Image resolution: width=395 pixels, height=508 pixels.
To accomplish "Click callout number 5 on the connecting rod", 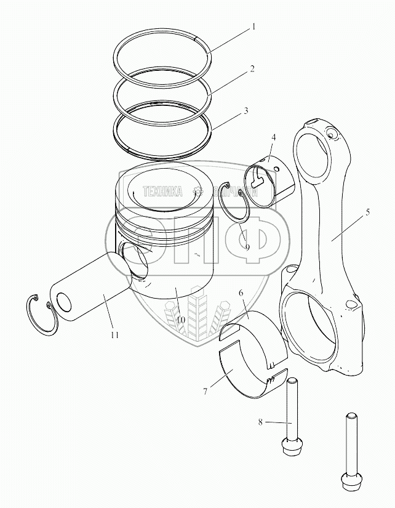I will tap(367, 212).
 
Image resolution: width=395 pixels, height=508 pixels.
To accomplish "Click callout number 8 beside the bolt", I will tap(261, 422).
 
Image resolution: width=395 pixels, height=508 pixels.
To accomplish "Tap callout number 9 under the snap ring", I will tap(247, 247).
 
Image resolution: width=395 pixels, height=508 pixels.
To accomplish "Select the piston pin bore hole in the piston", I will tap(136, 259).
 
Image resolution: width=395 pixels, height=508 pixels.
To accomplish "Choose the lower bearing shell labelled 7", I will tap(249, 376).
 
